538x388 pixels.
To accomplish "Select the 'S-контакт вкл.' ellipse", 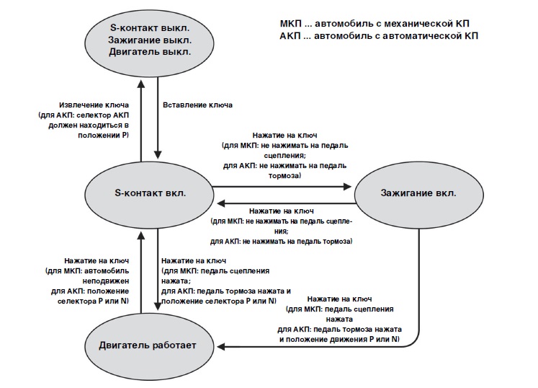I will (x=150, y=193).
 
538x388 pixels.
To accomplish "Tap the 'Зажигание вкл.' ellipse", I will (x=418, y=193).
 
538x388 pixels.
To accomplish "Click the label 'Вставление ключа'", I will (x=197, y=105).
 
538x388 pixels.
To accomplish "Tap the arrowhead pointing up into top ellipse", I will (x=142, y=84).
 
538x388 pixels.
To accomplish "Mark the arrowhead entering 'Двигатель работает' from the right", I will (x=223, y=347).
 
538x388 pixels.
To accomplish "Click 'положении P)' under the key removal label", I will (x=105, y=135).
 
